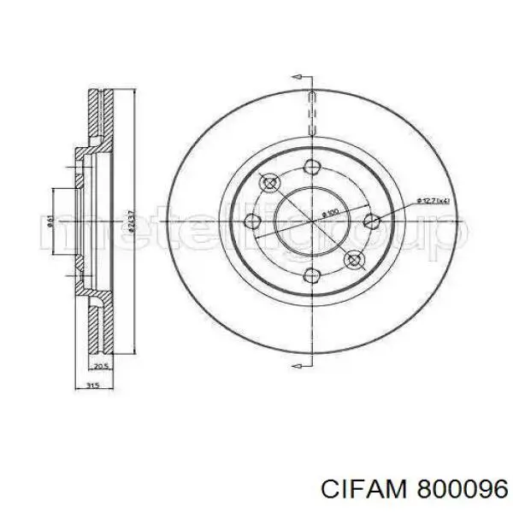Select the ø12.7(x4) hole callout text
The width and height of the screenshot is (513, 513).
[436, 200]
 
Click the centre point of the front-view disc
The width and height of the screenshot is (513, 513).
[311, 222]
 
